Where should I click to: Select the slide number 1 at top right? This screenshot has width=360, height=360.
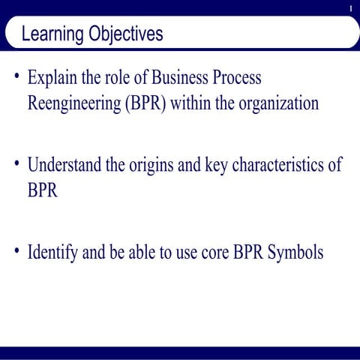tap(350, 8)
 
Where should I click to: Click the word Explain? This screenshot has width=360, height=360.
tap(51, 78)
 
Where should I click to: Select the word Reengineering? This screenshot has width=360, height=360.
tap(70, 103)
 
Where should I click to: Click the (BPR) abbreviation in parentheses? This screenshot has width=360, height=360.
tap(142, 103)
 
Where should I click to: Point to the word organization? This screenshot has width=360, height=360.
tap(277, 103)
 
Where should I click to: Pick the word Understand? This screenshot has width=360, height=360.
tap(65, 165)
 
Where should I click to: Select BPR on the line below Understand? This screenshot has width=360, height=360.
tap(42, 190)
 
